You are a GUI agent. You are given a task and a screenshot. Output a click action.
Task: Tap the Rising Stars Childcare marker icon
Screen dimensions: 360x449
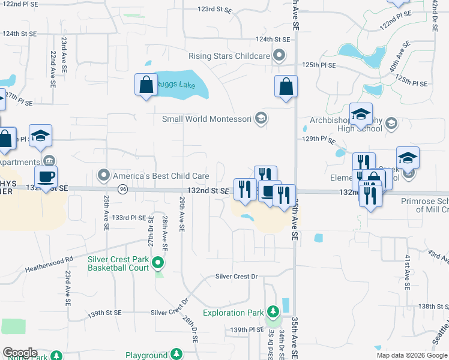[x=279, y=56]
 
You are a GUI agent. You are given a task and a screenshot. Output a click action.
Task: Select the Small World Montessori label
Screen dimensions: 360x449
[x=206, y=119]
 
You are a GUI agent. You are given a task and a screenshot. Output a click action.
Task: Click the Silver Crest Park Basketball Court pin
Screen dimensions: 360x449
[x=157, y=263]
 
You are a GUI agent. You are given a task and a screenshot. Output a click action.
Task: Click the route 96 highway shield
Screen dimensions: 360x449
[x=122, y=189]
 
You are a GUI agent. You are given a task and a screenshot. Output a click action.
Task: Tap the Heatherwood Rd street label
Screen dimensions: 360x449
[x=49, y=264]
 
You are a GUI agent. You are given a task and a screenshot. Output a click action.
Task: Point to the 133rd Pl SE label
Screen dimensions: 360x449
[x=129, y=217]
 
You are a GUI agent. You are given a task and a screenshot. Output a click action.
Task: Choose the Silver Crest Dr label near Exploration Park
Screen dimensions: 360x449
[x=237, y=277]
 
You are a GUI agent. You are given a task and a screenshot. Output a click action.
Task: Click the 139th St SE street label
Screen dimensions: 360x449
[x=105, y=313]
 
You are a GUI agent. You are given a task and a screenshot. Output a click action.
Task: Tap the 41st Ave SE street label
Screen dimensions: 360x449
[x=407, y=269]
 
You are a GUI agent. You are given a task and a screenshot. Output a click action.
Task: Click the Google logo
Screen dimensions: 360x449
[x=20, y=353]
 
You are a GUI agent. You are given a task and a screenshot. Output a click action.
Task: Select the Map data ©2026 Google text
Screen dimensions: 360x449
[x=411, y=355]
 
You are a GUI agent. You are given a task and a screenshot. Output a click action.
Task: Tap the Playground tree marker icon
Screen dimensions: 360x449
[x=176, y=355]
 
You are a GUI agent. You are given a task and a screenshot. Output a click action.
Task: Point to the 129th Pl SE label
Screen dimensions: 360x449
[x=318, y=139]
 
